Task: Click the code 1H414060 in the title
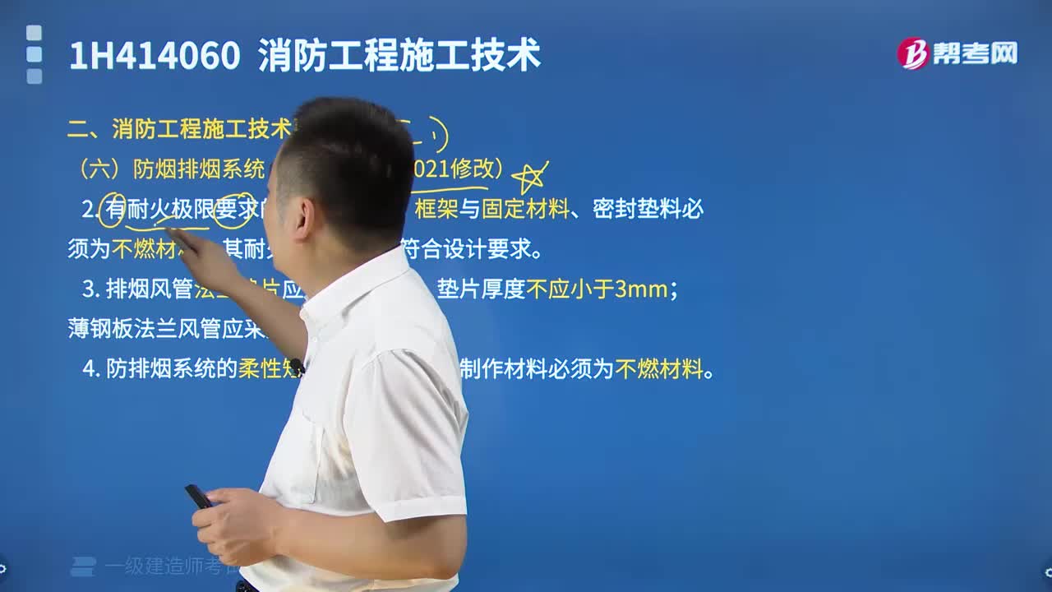155,56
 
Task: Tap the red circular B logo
912,53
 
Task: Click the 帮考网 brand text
975,53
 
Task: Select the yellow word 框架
436,210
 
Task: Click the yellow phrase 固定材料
525,210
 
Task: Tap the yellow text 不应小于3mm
598,289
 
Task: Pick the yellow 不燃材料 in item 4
659,369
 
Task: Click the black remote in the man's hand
198,496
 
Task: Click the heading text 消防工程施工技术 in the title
399,56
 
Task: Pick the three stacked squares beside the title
34,54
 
